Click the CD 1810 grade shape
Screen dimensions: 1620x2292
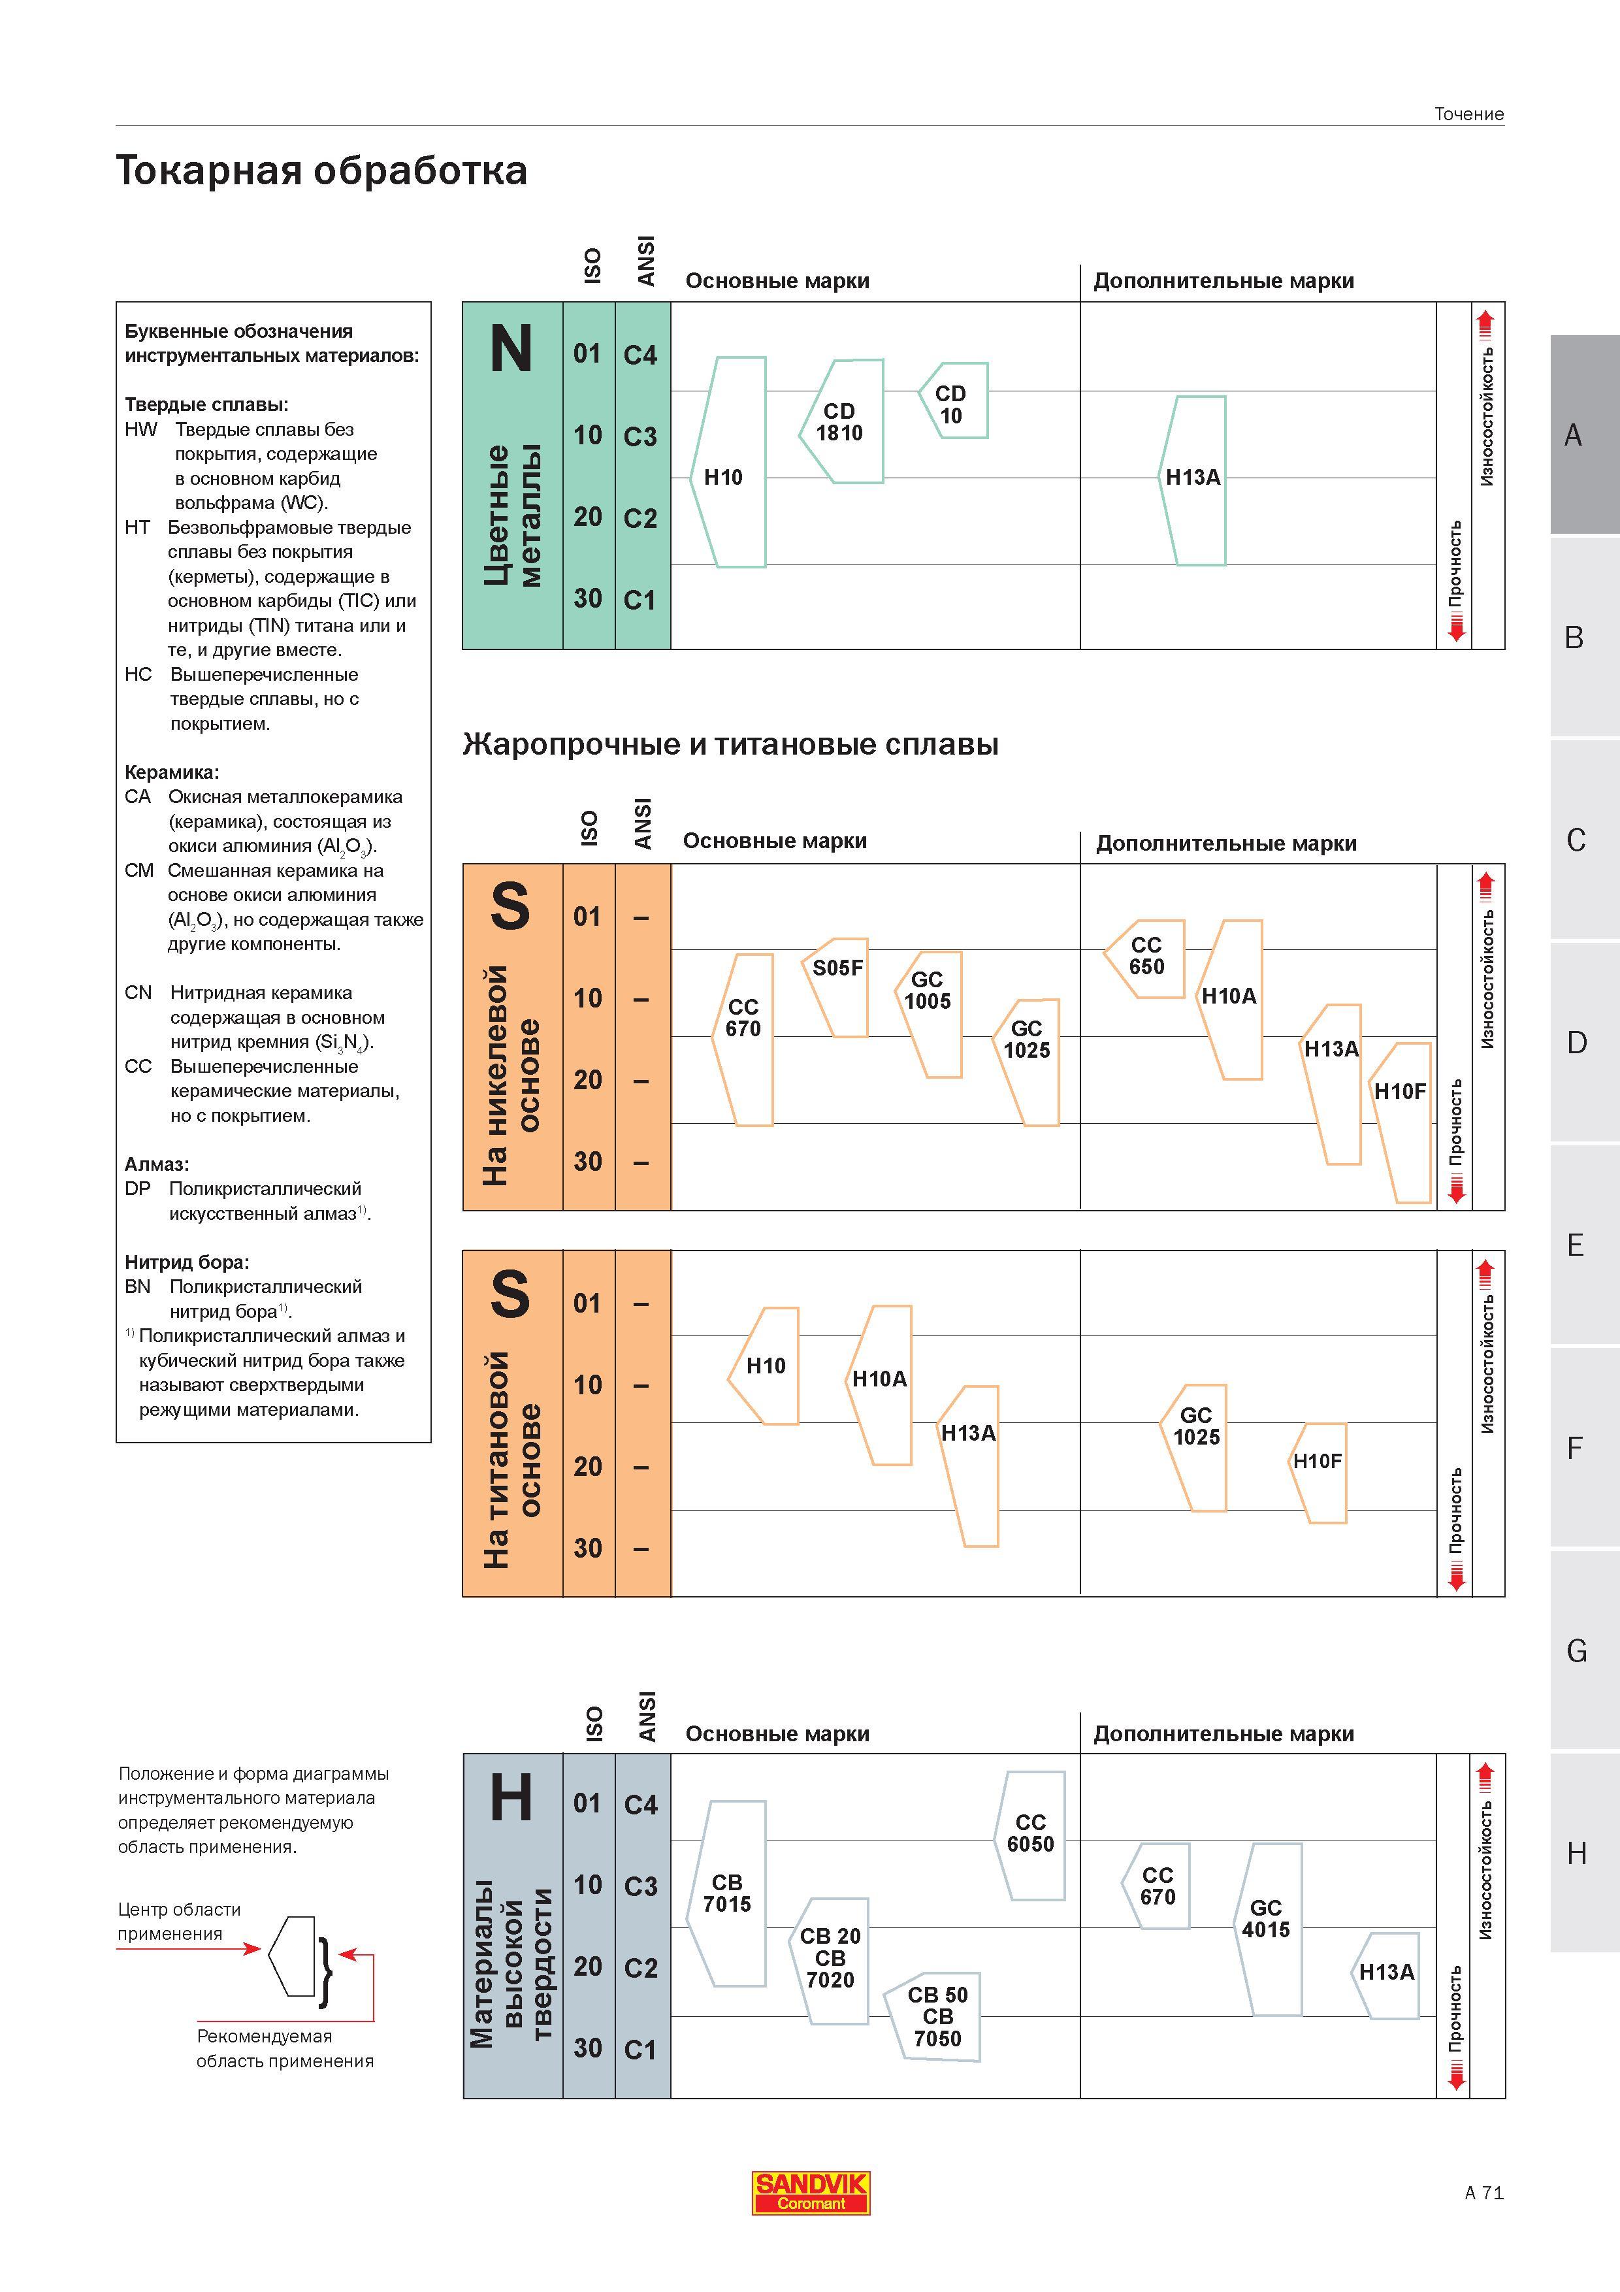[841, 422]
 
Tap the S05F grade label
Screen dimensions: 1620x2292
[837, 968]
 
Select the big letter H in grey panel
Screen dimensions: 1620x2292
[511, 1798]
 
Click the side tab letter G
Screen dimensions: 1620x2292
[1576, 1651]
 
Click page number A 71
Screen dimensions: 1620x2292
[1484, 2193]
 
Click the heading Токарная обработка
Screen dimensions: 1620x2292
[321, 170]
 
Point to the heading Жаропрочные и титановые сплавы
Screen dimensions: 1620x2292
[731, 745]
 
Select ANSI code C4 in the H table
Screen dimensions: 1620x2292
[641, 1805]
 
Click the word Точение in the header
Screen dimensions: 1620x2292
[1469, 114]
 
